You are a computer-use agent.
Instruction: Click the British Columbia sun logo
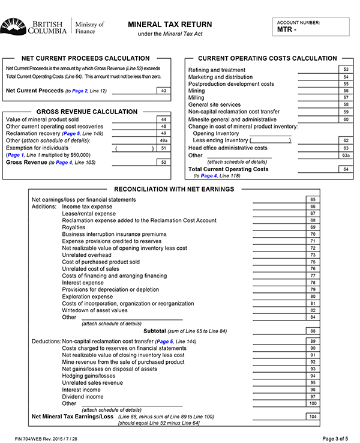pyautogui.click(x=12, y=26)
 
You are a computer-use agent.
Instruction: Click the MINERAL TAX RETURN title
pyautogui.click(x=170, y=25)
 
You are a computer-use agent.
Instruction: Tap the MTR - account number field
pyautogui.click(x=311, y=29)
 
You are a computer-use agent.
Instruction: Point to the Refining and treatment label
pyautogui.click(x=217, y=70)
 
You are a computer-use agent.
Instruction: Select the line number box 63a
pyautogui.click(x=345, y=155)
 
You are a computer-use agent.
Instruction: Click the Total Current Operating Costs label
pyautogui.click(x=229, y=169)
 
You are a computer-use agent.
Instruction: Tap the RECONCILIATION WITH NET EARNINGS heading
pyautogui.click(x=174, y=190)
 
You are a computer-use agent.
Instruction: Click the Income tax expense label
pyautogui.click(x=87, y=206)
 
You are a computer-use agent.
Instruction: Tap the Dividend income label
pyautogui.click(x=83, y=397)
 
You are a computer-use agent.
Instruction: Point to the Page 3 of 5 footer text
pyautogui.click(x=338, y=438)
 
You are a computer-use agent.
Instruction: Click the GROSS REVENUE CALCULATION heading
pyautogui.click(x=87, y=112)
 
